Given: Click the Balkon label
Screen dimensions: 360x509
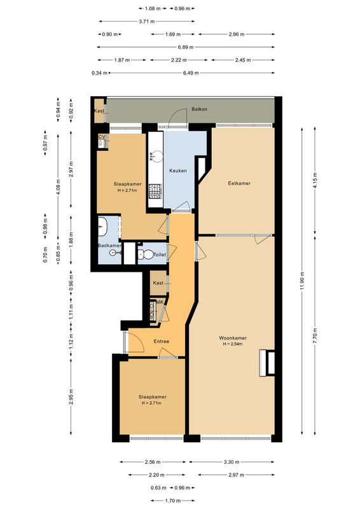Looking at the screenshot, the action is pos(199,109).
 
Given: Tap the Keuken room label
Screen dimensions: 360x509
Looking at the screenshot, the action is pos(178,171).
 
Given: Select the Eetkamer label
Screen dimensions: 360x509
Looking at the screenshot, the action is pos(239,183).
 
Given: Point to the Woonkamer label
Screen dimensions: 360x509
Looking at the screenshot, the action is pos(233,338).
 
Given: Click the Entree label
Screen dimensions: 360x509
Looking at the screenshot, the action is pos(162,341).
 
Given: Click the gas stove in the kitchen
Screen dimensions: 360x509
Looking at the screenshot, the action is pos(155,191).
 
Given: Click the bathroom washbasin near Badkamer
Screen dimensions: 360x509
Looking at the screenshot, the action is pos(102,226).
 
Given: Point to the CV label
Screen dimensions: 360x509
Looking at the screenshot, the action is pos(102,137).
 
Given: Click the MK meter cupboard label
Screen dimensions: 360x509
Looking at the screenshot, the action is pos(160,302).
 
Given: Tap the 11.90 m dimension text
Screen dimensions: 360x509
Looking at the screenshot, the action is pos(302,281).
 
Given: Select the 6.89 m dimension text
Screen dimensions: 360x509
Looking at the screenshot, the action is pos(185,47).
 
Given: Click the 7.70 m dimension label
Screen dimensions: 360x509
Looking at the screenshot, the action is pos(315,336).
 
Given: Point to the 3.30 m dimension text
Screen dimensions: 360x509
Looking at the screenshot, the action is pos(232,462).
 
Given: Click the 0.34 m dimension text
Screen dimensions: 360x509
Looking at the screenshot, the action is pos(99,73).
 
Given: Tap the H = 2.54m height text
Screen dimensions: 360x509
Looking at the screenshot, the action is pos(233,344).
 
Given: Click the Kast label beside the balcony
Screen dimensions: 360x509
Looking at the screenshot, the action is pos(99,111).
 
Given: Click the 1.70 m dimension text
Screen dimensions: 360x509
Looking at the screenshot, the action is pos(172,501).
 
